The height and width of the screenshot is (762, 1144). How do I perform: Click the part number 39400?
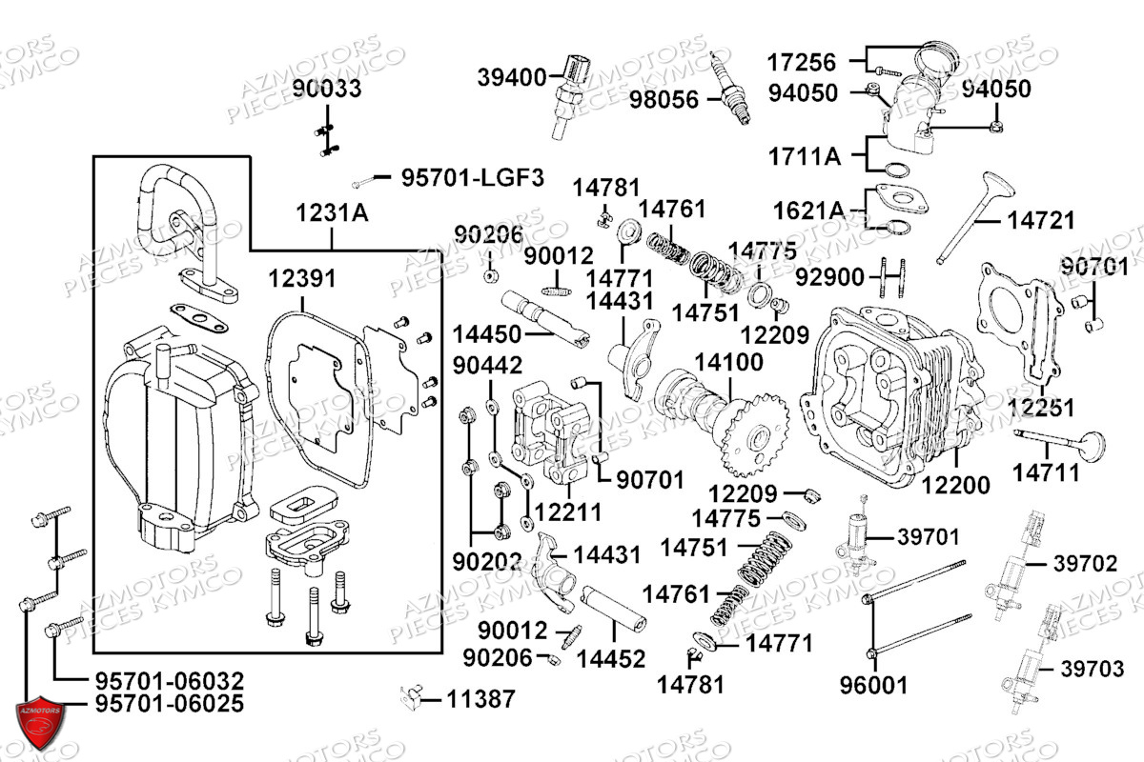512,78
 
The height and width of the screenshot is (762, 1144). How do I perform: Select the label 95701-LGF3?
473,178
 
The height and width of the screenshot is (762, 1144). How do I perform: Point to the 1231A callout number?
332,212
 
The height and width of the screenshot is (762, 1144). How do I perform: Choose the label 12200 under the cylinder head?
955,485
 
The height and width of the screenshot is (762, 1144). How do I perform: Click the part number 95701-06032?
170,681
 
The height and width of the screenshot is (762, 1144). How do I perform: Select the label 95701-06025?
170,703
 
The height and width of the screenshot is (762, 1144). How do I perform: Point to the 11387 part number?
481,699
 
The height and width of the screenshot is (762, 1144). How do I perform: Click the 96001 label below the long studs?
874,686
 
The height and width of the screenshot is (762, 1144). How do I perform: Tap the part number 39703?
1093,669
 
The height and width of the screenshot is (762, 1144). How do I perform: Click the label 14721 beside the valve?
1041,220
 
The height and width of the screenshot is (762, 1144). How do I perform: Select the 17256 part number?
802,63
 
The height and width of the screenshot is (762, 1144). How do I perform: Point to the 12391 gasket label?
302,279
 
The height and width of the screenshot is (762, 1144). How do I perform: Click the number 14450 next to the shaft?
487,335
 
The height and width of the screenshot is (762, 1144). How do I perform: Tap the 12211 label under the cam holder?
568,511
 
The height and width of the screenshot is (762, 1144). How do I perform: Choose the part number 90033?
327,89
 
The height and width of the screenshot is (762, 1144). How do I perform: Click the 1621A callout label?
809,211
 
